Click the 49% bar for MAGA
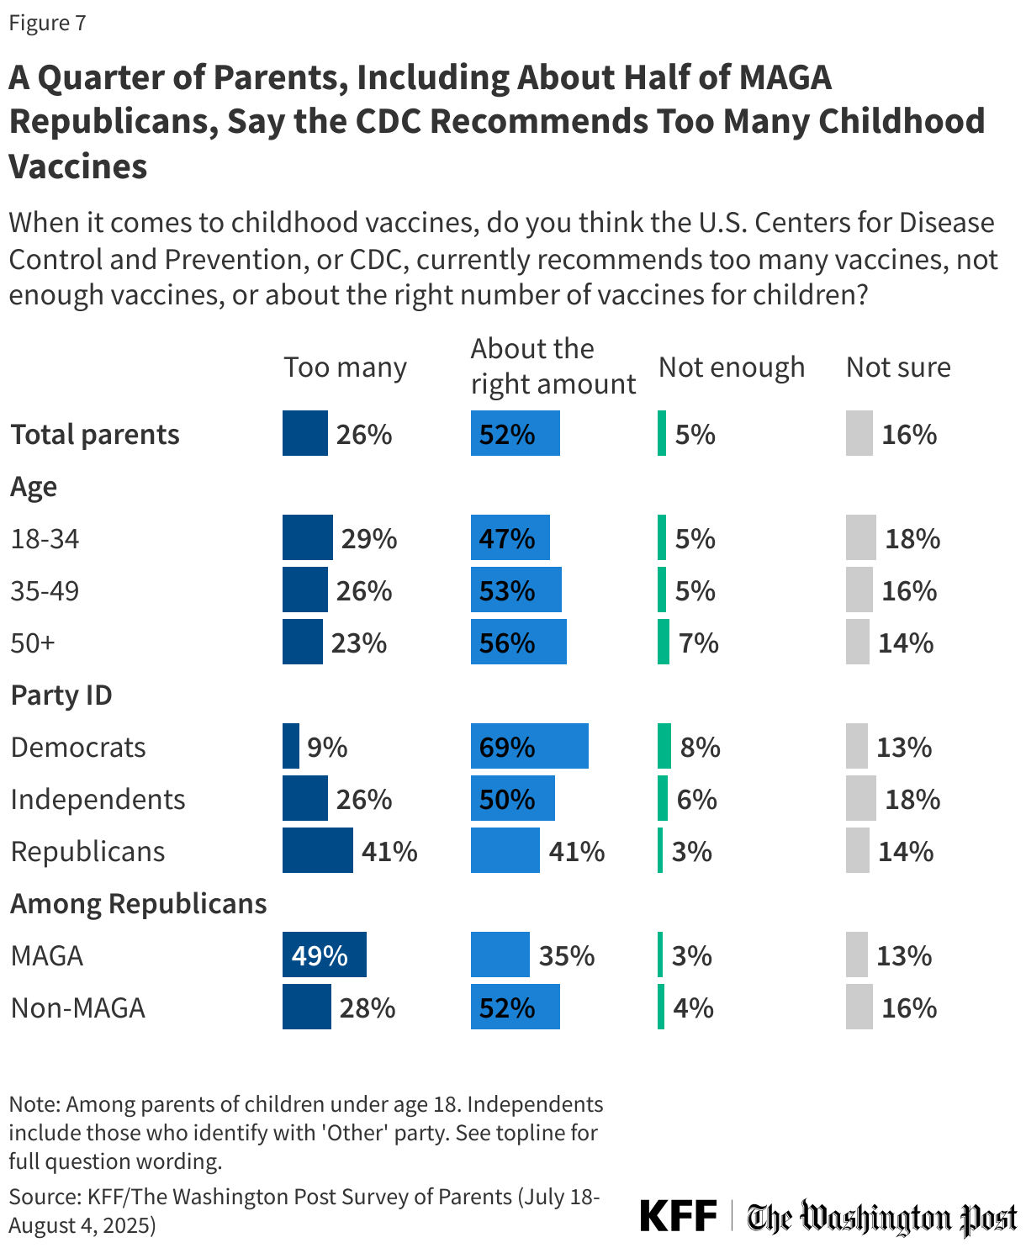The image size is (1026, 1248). [324, 955]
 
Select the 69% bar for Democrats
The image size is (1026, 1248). [529, 746]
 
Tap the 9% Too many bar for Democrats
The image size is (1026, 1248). [291, 746]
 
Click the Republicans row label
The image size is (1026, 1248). [87, 851]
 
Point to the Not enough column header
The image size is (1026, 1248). [731, 368]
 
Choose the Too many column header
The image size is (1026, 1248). [345, 368]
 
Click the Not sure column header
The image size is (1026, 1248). [898, 368]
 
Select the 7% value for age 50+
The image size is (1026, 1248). [698, 643]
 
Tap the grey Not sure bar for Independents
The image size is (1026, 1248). [860, 798]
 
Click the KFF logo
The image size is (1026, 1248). [678, 1216]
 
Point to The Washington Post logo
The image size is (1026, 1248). [882, 1217]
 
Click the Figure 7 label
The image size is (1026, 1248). [47, 23]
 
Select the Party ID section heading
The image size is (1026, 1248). [61, 695]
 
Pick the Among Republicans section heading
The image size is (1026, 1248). [138, 903]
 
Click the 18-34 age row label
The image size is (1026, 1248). [45, 538]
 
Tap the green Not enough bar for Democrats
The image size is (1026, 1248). [664, 746]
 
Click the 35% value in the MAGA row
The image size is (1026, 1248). [566, 955]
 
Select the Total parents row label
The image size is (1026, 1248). [95, 434]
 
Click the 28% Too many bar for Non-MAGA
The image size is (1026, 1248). [306, 1007]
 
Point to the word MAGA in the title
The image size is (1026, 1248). [785, 77]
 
